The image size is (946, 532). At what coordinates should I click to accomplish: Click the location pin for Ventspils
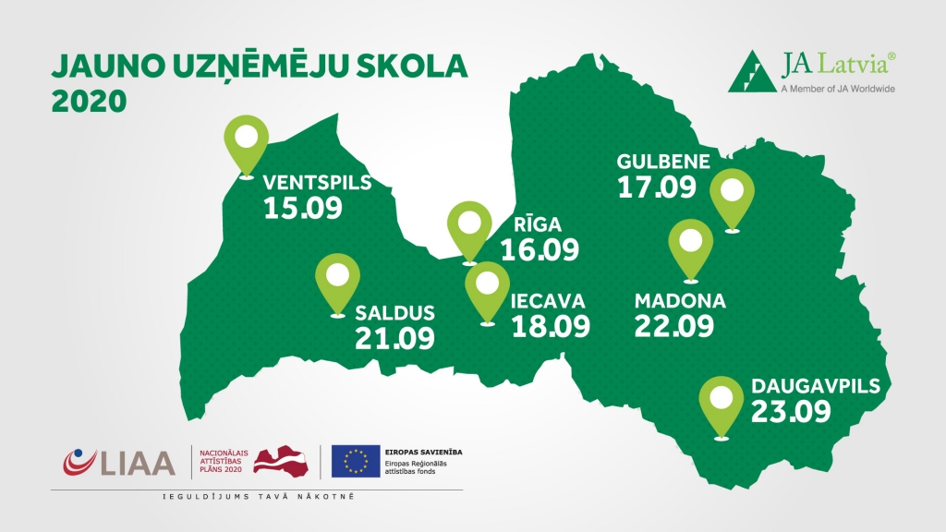(246, 143)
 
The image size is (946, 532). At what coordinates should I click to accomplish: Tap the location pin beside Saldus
(337, 282)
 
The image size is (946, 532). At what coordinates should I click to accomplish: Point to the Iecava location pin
(487, 286)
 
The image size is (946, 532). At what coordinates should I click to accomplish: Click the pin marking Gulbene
(732, 197)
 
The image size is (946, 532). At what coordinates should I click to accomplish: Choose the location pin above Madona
(691, 246)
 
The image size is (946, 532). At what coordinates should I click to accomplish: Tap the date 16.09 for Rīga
(540, 249)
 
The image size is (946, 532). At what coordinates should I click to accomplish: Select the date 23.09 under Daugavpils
(791, 411)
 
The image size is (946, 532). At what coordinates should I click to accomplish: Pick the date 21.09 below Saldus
(394, 337)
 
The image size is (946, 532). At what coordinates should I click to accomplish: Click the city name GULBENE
(663, 163)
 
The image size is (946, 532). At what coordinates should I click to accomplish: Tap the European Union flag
(356, 461)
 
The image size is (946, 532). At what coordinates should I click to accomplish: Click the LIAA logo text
(139, 461)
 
